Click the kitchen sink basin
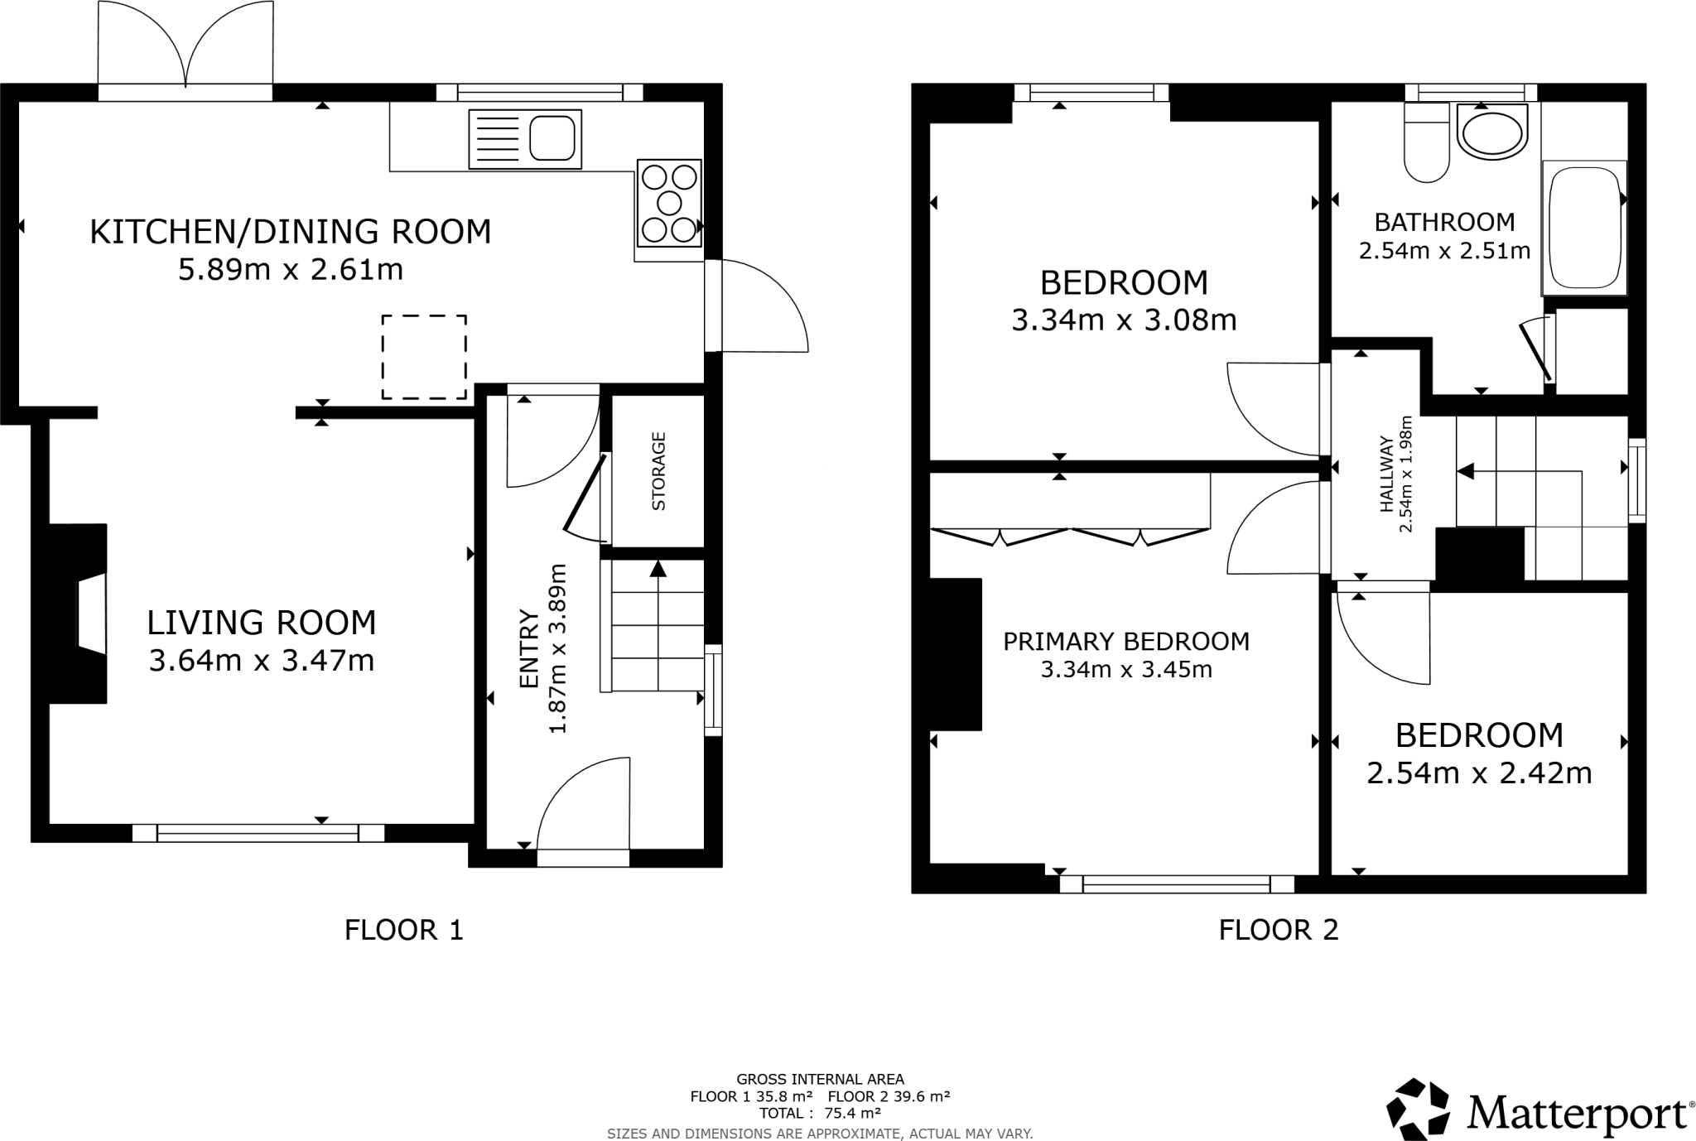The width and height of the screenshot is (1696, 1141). pos(552,137)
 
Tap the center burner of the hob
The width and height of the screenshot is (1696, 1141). pos(669,203)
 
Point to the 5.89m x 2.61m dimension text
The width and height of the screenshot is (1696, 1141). pos(291,270)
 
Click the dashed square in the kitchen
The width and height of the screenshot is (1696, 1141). pos(424,357)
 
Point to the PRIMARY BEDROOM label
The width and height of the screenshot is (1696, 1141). pos(1125,641)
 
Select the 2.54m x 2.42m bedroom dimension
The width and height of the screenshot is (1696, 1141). pos(1479,773)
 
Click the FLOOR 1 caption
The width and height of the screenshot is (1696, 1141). pos(403,930)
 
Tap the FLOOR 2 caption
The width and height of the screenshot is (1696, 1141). pos(1278,930)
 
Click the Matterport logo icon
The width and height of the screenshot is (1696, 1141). pos(1419,1110)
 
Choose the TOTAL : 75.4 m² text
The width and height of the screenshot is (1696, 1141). pos(820,1113)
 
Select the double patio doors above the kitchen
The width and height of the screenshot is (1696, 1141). pos(185,50)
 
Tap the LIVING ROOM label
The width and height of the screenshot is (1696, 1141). pos(262,623)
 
